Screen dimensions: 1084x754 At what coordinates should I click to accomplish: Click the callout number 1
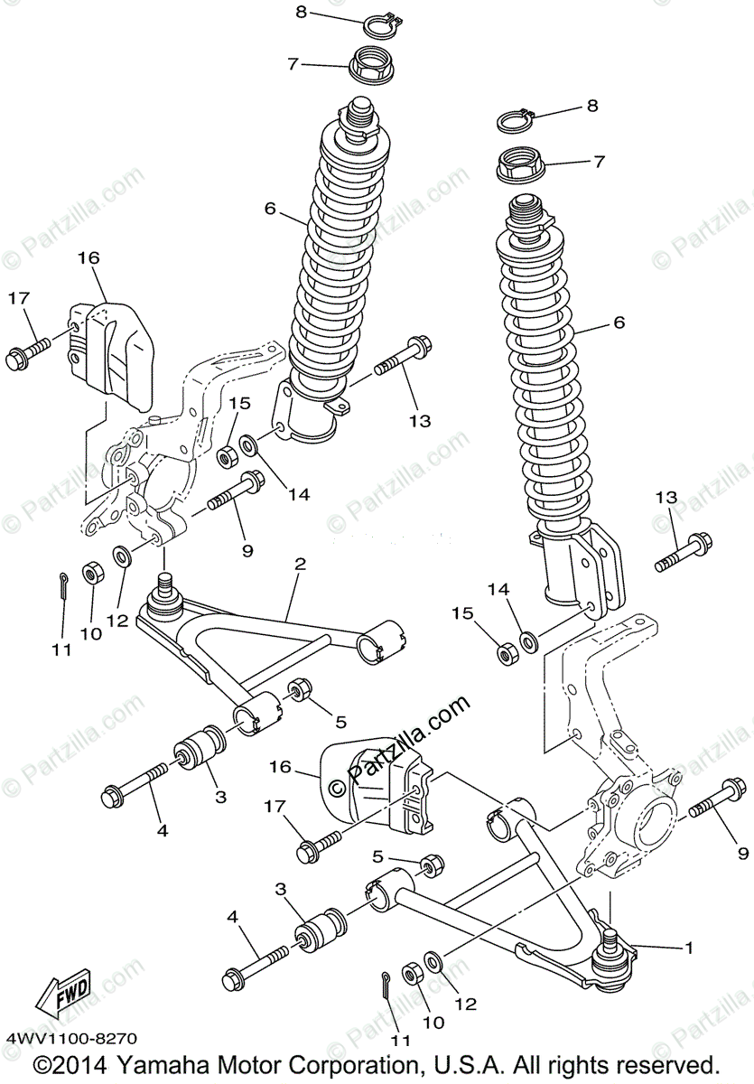690,948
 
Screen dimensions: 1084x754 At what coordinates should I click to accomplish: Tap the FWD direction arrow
62,997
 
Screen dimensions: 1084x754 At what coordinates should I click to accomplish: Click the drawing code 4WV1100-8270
70,1040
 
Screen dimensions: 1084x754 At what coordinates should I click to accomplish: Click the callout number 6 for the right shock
619,322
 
